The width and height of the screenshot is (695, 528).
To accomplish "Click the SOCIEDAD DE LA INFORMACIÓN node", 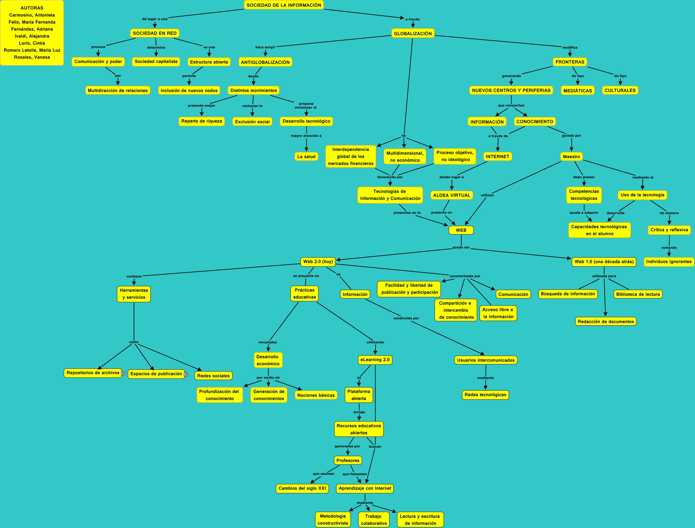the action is coord(284,5).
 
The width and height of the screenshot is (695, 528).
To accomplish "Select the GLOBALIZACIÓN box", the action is coord(412,33).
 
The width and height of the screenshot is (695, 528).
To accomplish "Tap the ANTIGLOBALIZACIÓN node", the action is coord(265,62).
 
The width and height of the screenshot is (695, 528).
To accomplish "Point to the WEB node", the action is coord(461,230).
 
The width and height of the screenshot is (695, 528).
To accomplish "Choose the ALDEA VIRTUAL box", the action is coord(451,195).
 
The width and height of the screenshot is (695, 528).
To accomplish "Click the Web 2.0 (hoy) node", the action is coord(318,261).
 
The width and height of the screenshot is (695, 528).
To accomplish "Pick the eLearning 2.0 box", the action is coord(375,359).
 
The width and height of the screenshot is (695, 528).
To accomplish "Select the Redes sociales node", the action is coord(213,376).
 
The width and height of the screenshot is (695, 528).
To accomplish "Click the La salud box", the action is coord(306,156).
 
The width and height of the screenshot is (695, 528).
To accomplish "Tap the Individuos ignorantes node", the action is coord(668,261).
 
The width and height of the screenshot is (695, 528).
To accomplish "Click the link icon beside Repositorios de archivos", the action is coord(123,373).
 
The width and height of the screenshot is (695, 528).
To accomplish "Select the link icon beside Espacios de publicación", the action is coord(186,374).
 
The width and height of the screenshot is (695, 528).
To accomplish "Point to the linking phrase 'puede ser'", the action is coord(461,247).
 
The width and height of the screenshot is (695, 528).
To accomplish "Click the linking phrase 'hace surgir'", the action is coord(265,47).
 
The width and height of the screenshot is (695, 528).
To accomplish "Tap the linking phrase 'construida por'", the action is coord(406,318).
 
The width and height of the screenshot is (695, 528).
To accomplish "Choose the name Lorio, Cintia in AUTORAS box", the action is coord(32,43).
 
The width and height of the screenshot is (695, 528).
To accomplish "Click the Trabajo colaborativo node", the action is coord(374,520).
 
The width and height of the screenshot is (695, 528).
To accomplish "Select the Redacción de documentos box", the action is coord(605,322).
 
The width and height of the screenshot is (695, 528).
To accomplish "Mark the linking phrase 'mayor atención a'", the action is coord(306,136).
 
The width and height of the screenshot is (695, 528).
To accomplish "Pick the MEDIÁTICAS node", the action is coord(577,91).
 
